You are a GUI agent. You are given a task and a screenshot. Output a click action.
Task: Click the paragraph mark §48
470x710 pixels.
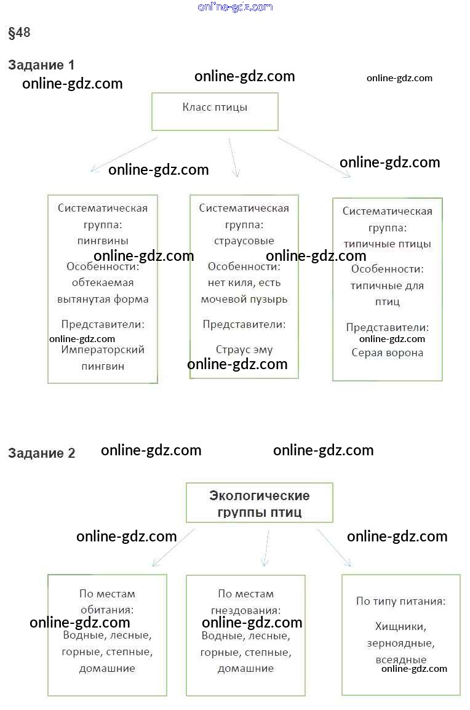19,33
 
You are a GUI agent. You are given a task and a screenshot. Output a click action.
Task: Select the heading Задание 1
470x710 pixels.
41,65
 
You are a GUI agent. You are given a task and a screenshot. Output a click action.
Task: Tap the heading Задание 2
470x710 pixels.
42,453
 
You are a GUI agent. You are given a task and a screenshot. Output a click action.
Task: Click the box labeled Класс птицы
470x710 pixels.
215,112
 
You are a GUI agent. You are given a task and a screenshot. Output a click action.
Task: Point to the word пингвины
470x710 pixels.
103,241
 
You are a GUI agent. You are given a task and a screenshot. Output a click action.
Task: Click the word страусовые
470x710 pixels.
244,241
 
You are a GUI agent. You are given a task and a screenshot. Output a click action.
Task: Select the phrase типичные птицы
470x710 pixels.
387,244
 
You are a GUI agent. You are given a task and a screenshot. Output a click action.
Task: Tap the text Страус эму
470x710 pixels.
244,349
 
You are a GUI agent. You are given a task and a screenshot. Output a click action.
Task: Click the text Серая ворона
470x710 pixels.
387,353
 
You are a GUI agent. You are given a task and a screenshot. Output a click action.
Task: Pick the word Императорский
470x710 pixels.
103,349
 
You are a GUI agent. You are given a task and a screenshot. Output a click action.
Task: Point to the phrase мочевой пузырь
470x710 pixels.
244,299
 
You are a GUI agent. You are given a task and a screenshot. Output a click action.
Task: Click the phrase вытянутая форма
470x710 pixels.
103,299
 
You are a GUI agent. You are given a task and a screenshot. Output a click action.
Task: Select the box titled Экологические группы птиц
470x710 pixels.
260,503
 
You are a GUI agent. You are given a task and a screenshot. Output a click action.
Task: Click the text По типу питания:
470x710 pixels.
400,601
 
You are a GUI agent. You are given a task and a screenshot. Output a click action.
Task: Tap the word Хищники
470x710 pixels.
400,627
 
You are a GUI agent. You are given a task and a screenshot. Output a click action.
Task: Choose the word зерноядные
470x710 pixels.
400,644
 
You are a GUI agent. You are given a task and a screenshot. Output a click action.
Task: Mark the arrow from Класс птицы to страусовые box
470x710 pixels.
234,157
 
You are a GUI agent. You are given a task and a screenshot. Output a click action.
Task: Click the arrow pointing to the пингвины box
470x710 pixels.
124,154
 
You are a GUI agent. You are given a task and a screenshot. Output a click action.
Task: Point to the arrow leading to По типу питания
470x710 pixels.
334,548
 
